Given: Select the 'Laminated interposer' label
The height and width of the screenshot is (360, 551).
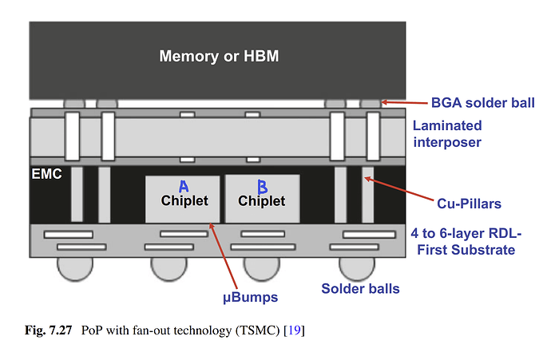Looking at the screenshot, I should coord(447,133).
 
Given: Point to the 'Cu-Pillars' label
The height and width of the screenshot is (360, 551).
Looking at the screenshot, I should coord(470,204).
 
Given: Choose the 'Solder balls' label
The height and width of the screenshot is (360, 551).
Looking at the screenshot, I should coord(360,288).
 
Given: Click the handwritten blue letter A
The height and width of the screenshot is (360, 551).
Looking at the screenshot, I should coord(183,187).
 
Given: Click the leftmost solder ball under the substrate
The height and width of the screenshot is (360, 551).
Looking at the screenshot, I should coord(73,267).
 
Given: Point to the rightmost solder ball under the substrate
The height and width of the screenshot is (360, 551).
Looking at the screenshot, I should coord(356,267).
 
